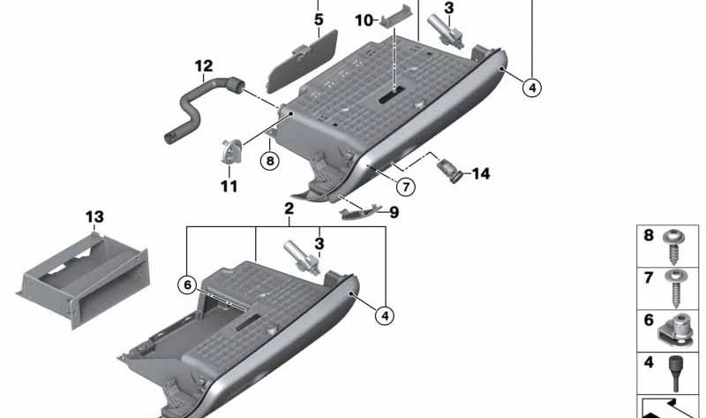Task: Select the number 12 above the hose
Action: click(204, 66)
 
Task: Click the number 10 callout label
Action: click(364, 20)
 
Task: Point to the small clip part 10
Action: click(396, 16)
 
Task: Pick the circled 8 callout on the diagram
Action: click(270, 161)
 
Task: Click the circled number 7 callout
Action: click(406, 186)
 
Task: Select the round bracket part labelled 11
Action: click(231, 152)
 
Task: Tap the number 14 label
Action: click(481, 173)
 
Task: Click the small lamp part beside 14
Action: click(449, 171)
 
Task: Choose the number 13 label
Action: click(94, 217)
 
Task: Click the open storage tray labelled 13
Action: click(84, 280)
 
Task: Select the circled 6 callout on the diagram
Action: click(187, 285)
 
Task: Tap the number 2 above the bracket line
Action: click(289, 209)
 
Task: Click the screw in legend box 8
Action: click(674, 247)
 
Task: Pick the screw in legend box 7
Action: click(675, 289)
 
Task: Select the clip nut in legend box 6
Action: click(676, 331)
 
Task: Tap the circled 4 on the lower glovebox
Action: click(385, 315)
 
